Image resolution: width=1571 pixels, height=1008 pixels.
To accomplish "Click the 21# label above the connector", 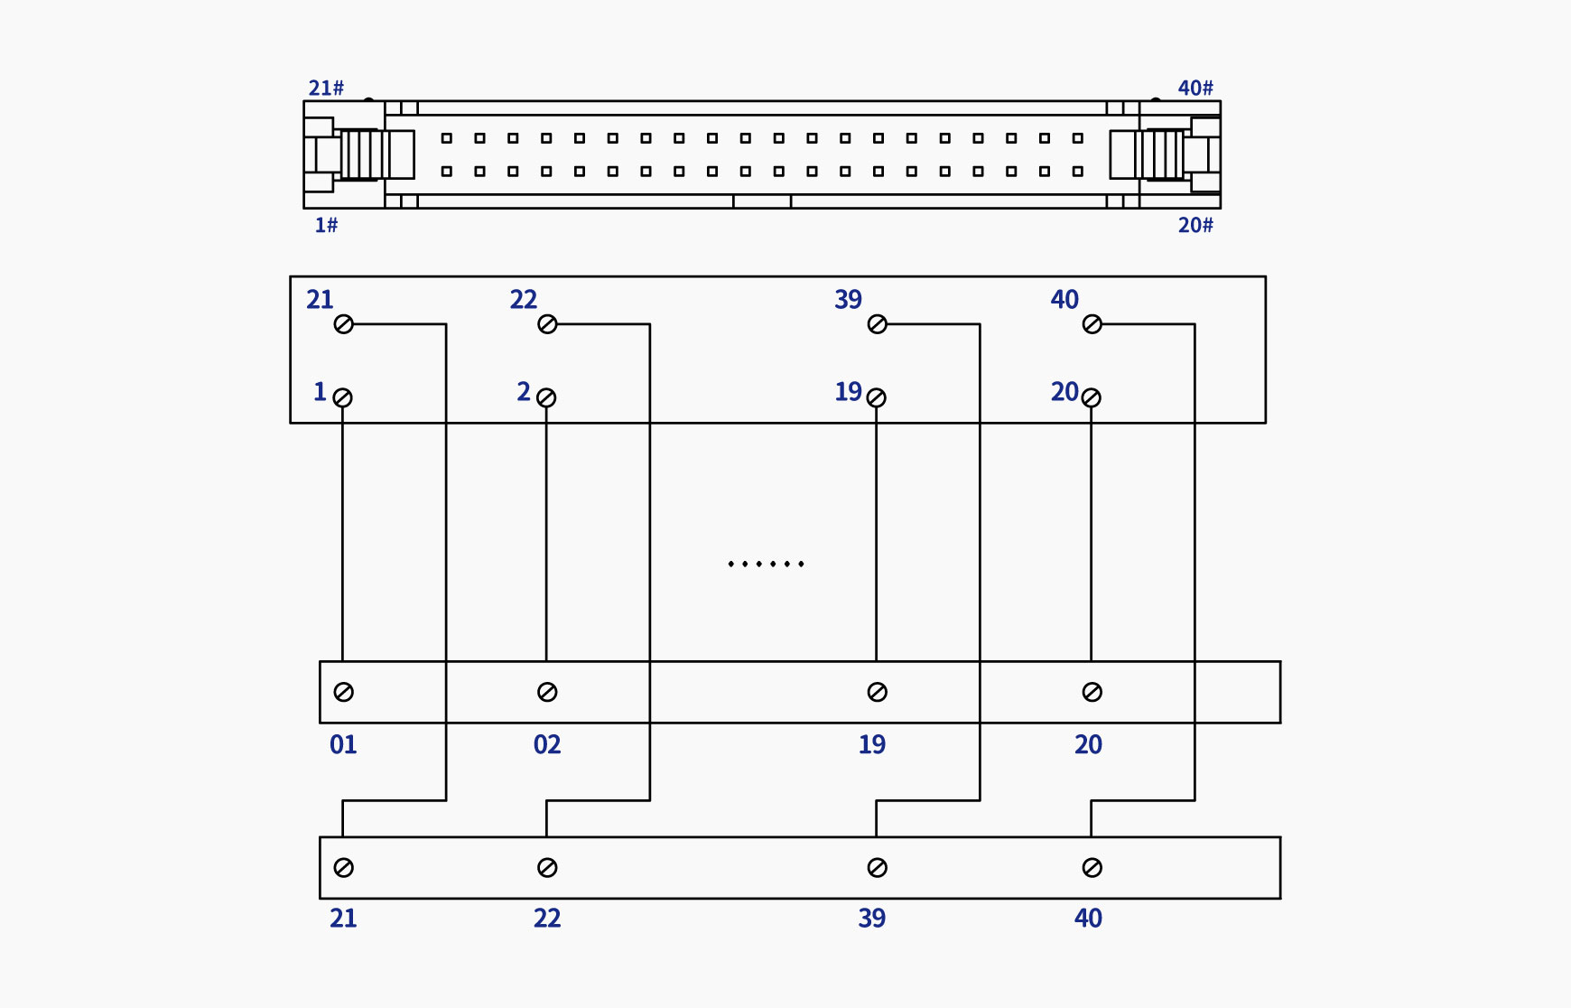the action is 326,88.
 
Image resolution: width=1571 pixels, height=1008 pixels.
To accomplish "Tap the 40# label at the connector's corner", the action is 1195,88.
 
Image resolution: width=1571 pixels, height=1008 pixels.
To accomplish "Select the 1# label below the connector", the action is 326,225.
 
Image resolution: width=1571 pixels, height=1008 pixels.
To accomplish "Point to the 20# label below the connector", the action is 1195,225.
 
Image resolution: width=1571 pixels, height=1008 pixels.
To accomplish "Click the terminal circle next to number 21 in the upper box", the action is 344,324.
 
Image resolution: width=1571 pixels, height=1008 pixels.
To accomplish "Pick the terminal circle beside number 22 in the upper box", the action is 547,324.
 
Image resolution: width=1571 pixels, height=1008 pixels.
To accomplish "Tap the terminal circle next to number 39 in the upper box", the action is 878,324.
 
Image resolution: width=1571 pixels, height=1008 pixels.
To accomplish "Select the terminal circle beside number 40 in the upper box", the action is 1092,324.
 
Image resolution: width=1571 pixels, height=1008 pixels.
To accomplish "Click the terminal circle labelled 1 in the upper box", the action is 343,397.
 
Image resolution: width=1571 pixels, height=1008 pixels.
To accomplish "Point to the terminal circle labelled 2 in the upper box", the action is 546,397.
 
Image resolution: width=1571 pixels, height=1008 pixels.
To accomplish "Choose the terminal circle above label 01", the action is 344,692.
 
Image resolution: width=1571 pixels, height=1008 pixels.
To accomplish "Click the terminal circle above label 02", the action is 547,692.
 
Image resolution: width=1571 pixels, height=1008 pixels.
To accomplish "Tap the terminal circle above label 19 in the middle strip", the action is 878,692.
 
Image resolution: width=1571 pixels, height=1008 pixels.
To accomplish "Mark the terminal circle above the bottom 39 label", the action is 878,868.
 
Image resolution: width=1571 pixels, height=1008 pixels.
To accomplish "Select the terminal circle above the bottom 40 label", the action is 1092,868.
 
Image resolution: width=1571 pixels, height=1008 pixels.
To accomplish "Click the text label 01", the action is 343,745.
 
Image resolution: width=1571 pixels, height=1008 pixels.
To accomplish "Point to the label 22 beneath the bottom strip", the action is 547,919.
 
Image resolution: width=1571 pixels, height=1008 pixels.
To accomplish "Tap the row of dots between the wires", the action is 766,564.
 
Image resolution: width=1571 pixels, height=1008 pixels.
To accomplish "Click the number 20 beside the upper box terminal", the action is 1064,391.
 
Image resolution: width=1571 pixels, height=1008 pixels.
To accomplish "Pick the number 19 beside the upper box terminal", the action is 848,391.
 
